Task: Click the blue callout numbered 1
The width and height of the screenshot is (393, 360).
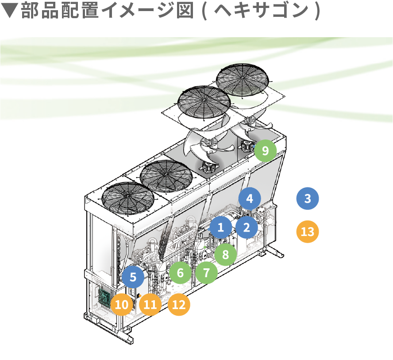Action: (221, 228)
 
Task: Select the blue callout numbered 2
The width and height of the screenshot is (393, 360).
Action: (247, 227)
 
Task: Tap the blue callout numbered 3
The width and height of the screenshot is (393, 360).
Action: (308, 199)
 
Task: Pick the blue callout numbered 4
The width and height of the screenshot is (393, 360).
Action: (250, 198)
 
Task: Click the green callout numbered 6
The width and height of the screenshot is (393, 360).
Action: (180, 272)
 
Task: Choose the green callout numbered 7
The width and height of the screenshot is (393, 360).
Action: (206, 272)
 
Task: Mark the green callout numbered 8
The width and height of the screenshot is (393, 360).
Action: (226, 254)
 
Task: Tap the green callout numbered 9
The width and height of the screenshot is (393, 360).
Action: (265, 151)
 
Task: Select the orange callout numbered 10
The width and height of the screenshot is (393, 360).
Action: (122, 305)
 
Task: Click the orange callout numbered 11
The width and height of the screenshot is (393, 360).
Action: (150, 305)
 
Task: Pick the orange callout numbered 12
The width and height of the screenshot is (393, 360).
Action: (179, 305)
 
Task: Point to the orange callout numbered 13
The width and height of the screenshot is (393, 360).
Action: (307, 232)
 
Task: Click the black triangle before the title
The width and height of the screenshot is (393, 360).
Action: (9, 12)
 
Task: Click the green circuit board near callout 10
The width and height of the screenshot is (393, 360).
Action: (105, 297)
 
